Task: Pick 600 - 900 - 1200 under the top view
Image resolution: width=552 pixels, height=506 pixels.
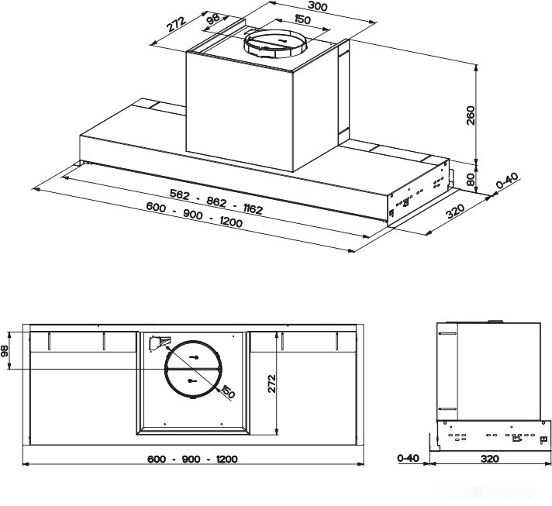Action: click(192, 459)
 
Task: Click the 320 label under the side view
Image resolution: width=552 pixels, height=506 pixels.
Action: click(489, 459)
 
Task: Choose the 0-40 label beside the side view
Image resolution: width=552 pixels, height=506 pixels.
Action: click(408, 459)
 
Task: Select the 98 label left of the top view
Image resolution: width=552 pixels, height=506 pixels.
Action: click(6, 350)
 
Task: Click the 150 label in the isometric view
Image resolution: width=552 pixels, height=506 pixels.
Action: click(281, 21)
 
